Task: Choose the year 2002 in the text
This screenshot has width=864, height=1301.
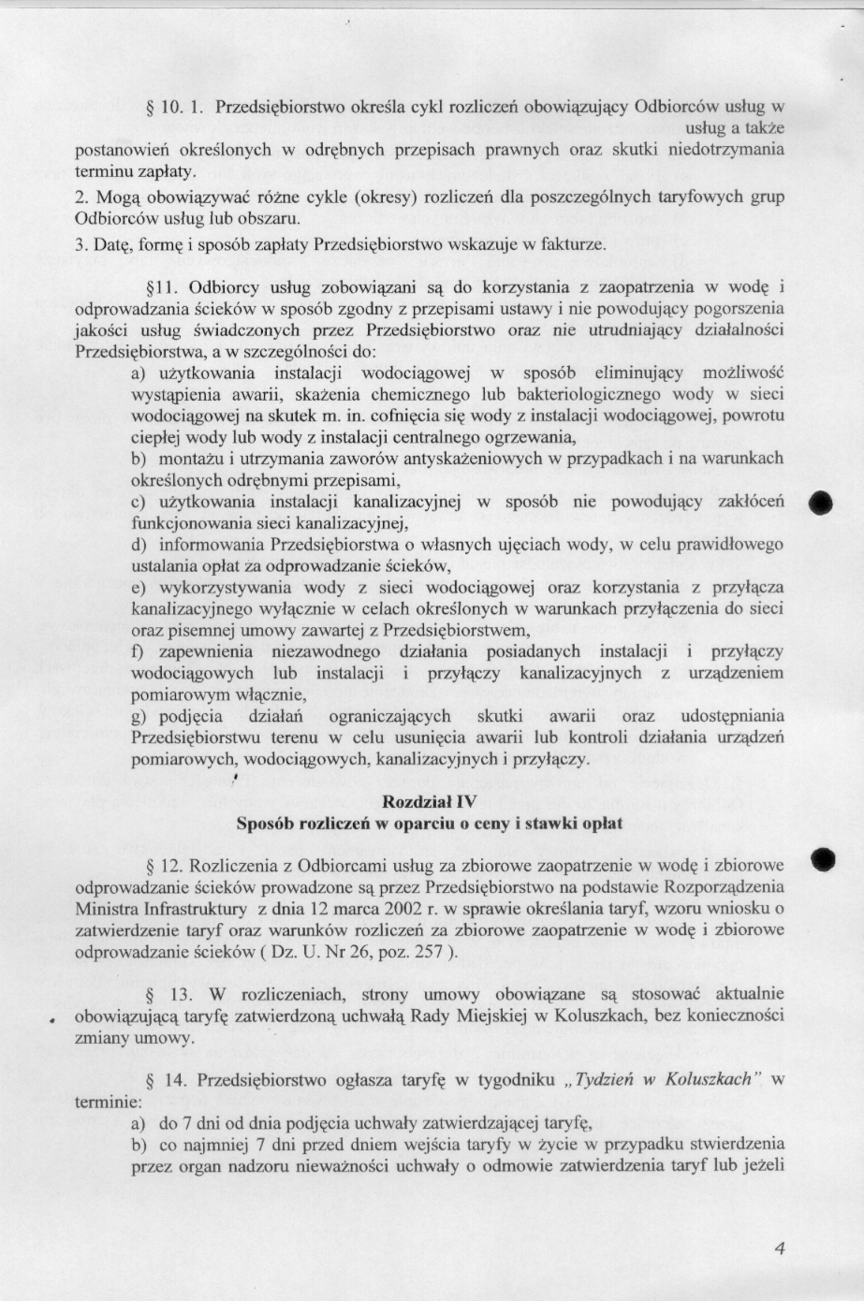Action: click(433, 908)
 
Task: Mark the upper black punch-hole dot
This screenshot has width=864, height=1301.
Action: click(823, 501)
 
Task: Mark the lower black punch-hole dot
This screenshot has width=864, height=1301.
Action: click(823, 858)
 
